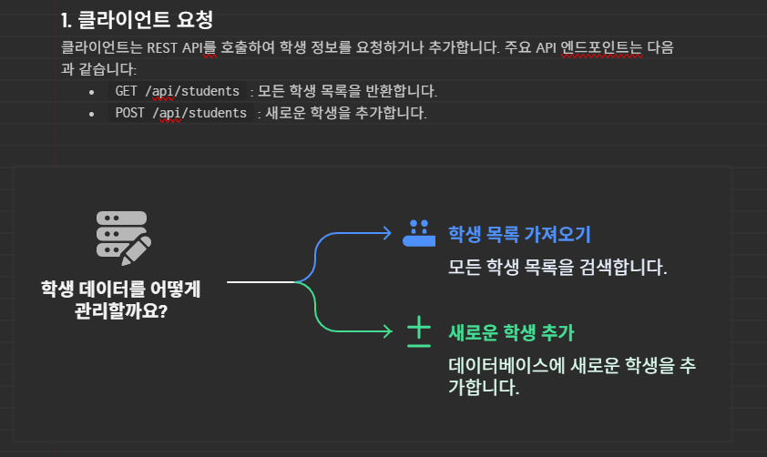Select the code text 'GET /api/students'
coord(178,91)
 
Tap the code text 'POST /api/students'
coord(180,113)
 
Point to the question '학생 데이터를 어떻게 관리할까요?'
coord(121,299)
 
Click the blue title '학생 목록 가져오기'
coord(519,234)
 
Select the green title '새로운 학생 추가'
coord(511,331)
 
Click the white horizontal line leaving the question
coord(261,282)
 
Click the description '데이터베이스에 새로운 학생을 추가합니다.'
coord(572,376)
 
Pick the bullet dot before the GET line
coord(91,92)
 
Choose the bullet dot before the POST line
coord(91,114)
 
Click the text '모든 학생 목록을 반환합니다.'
coord(348,91)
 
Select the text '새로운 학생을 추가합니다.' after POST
coord(345,113)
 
